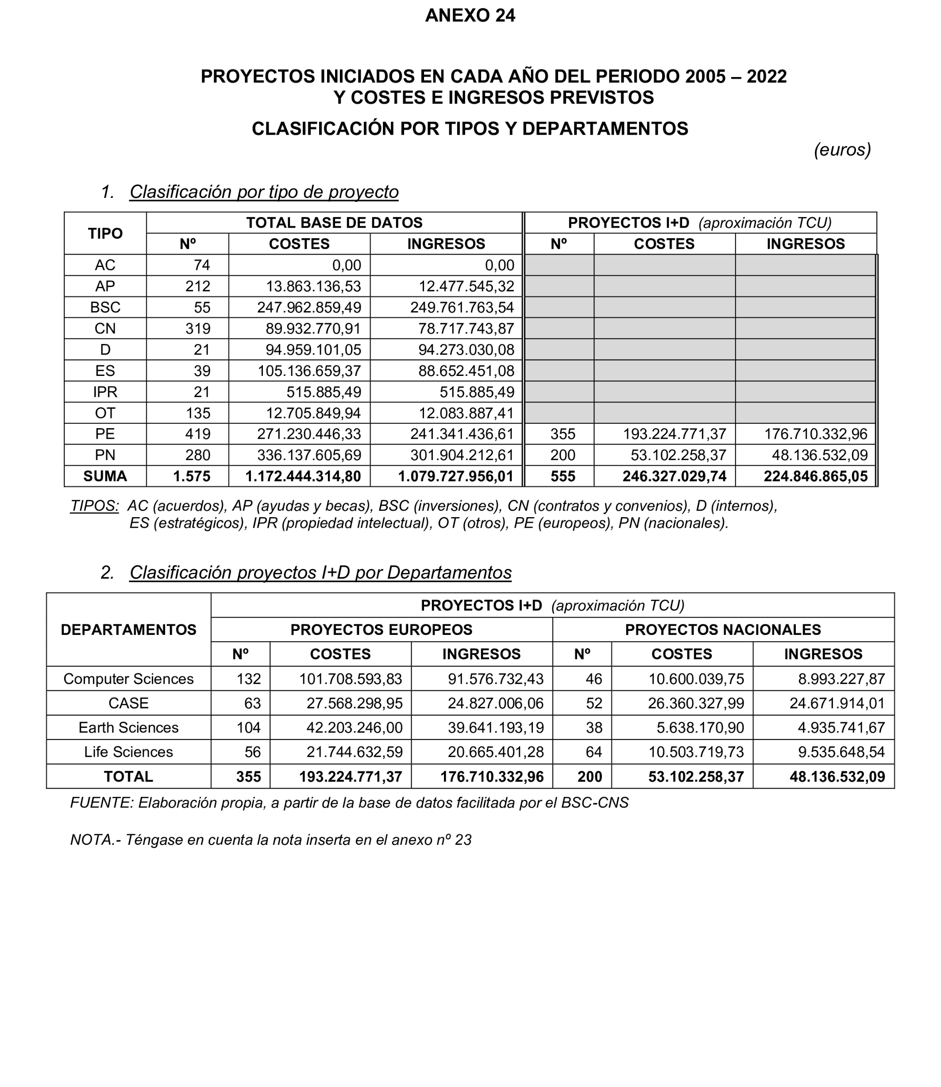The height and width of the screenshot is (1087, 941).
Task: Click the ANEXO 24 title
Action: click(470, 16)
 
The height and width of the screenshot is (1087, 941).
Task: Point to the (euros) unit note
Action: click(842, 150)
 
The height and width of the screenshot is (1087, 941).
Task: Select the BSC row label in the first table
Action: click(105, 307)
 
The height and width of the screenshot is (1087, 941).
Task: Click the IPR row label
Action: click(105, 392)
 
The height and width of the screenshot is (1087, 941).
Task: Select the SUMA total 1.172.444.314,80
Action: click(303, 476)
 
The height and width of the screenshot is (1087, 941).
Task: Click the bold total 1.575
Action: click(192, 476)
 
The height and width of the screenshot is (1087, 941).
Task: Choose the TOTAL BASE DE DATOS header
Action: click(334, 223)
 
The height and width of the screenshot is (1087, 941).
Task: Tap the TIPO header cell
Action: click(105, 233)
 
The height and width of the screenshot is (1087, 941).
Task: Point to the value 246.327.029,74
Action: click(674, 476)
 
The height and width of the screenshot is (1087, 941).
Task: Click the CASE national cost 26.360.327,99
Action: click(695, 703)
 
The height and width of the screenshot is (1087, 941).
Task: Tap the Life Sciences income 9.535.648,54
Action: click(841, 752)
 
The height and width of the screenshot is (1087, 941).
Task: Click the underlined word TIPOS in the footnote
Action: click(95, 506)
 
